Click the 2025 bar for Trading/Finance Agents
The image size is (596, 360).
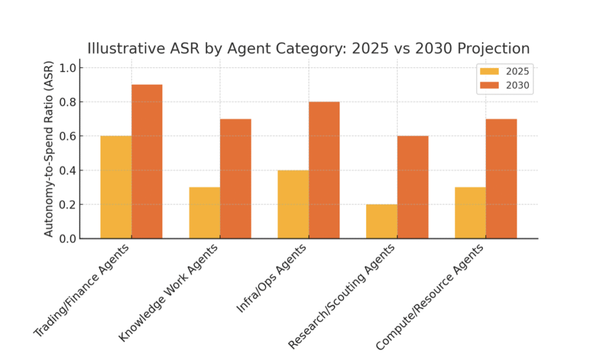click(x=116, y=187)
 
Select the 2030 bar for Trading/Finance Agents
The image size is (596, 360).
click(x=147, y=162)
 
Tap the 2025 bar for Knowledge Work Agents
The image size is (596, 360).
click(x=204, y=213)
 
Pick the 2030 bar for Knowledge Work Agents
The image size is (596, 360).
click(x=236, y=179)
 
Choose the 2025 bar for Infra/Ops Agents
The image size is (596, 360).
click(x=293, y=204)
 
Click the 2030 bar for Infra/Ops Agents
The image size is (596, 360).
click(x=324, y=170)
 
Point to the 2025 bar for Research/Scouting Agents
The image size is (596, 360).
click(x=382, y=222)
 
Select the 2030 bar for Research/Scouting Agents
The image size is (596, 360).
click(x=413, y=187)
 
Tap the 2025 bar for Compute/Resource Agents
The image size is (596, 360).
click(x=470, y=213)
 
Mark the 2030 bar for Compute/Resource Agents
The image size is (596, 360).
click(x=501, y=179)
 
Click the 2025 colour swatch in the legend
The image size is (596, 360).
click(x=489, y=72)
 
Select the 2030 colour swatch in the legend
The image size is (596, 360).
click(x=489, y=85)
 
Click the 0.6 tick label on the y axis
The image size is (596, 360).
click(x=68, y=136)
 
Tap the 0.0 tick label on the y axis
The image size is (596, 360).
click(x=68, y=239)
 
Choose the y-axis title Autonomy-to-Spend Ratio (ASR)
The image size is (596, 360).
click(x=49, y=149)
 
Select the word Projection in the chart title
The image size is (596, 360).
click(x=494, y=49)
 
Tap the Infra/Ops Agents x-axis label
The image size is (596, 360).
click(x=271, y=279)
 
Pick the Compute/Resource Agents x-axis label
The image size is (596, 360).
click(x=430, y=297)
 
